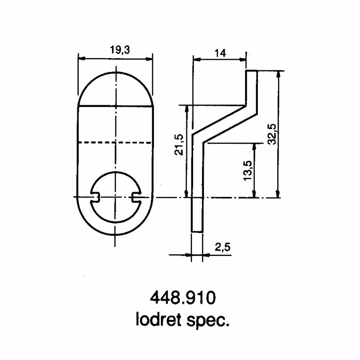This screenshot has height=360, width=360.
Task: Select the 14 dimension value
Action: (220, 53)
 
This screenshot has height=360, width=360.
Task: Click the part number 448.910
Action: (182, 299)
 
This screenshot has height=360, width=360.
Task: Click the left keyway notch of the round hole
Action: (95, 196)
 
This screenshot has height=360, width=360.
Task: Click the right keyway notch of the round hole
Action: (137, 196)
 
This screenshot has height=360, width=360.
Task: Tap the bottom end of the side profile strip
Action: (197, 231)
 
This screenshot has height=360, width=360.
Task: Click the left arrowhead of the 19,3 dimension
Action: (81, 58)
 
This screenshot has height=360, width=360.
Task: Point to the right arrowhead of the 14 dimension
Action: (244, 58)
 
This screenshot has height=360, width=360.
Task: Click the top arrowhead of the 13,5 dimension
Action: (255, 145)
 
